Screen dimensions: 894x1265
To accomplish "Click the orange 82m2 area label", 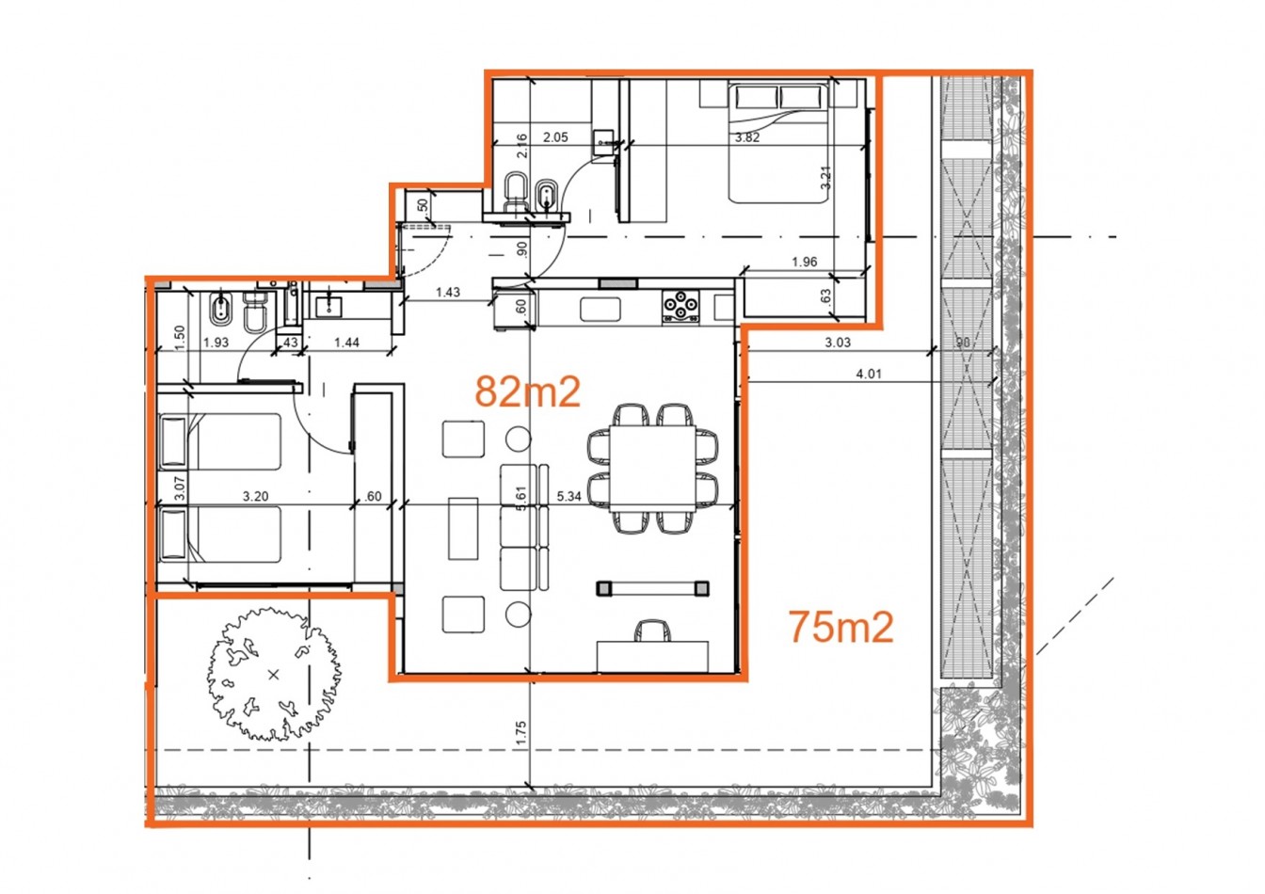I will click(x=527, y=391).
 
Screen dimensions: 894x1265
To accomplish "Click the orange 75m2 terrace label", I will click(x=840, y=627).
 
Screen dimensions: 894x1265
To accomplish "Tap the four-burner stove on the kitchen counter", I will click(x=681, y=305).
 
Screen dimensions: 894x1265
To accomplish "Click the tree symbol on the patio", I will click(x=273, y=673).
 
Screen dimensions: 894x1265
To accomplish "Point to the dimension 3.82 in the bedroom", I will click(x=746, y=136).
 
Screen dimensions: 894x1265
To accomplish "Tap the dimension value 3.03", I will click(x=837, y=343).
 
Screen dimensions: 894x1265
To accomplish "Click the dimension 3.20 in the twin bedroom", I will click(x=255, y=496).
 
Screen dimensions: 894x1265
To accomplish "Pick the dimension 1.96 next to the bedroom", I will click(x=804, y=263).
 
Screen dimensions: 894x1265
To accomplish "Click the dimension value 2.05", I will click(x=555, y=136).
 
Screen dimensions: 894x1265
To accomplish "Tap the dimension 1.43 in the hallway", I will click(x=448, y=293).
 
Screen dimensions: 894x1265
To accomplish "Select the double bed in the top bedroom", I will click(x=779, y=141).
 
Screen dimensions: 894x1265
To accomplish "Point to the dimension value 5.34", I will click(x=568, y=496).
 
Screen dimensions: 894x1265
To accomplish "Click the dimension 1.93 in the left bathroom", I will click(x=216, y=343).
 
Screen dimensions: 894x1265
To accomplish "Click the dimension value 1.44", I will click(x=346, y=343).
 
